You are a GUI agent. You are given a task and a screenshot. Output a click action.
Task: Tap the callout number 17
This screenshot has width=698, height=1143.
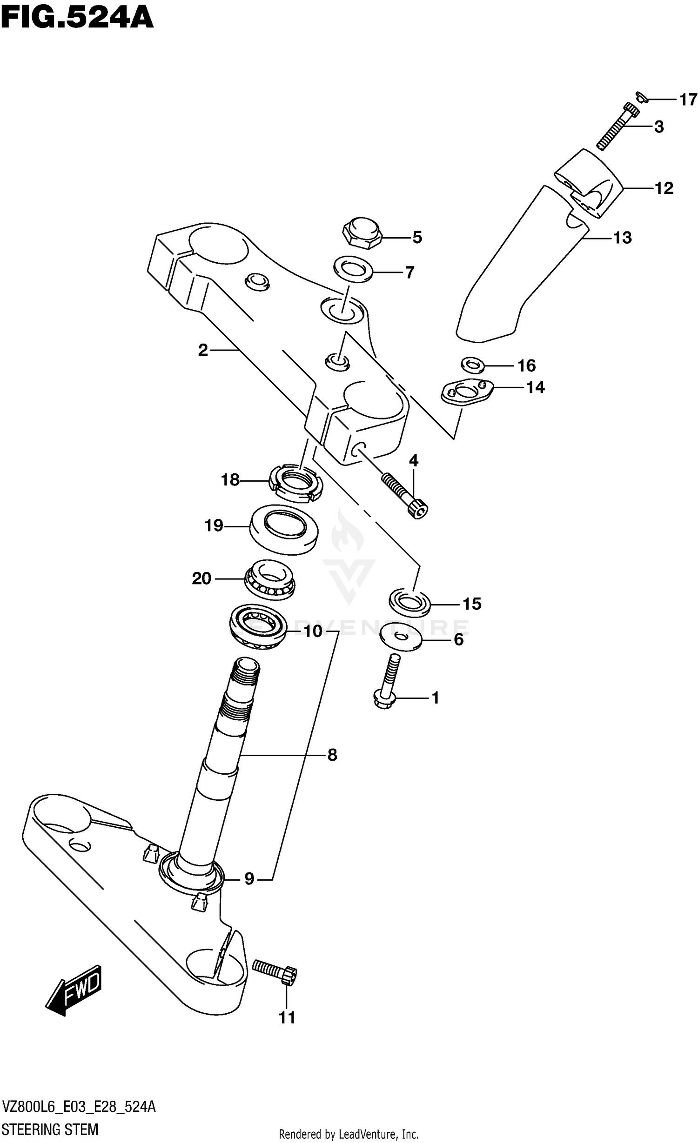[688, 100]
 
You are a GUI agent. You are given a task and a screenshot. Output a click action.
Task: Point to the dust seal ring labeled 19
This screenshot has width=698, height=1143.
[284, 530]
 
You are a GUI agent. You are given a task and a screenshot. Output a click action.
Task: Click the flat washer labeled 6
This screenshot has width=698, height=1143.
[401, 636]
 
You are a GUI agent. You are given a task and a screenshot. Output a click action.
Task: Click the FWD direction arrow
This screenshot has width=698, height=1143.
[74, 990]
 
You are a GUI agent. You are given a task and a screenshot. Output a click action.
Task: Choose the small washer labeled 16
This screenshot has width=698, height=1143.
[473, 365]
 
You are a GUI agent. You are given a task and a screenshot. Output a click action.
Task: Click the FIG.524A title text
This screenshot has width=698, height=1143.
[77, 19]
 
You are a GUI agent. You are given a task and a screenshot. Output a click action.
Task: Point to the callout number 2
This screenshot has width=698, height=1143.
[202, 350]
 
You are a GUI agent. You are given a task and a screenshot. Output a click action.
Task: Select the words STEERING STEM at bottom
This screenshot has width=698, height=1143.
[50, 1129]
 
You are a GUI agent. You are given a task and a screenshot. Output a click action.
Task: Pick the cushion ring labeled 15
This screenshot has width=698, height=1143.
[409, 601]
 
